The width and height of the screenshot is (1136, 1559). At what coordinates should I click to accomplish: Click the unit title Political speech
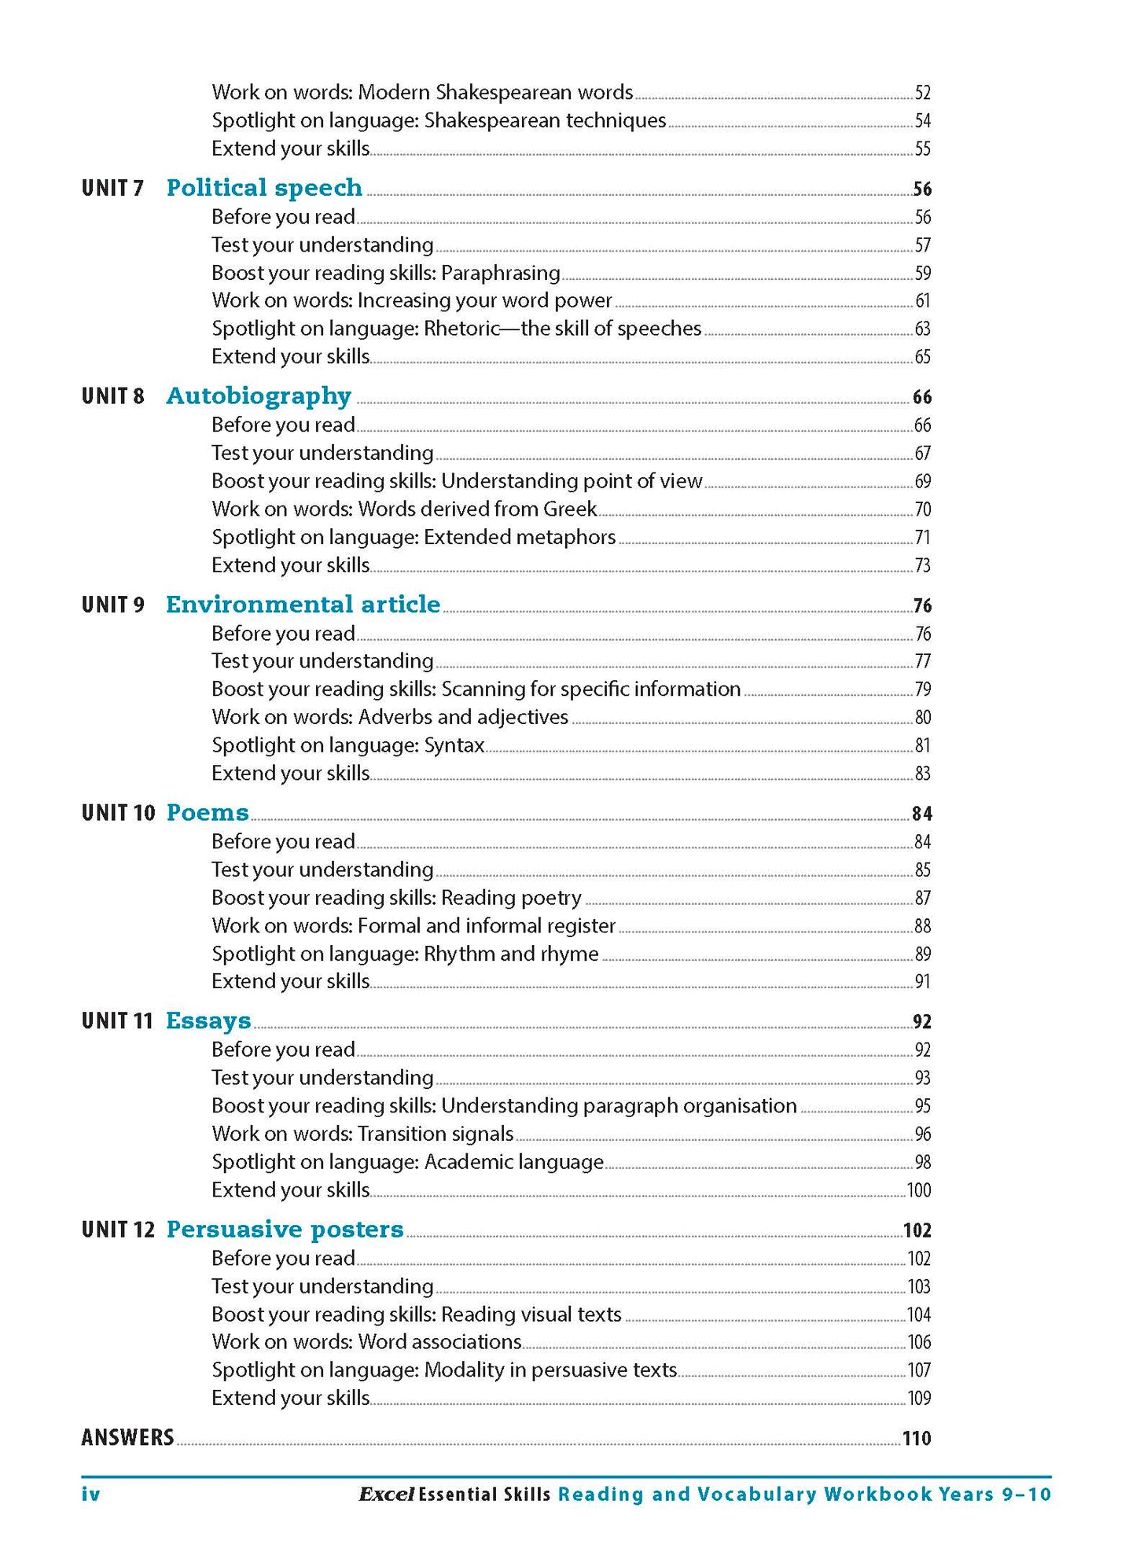point(264,188)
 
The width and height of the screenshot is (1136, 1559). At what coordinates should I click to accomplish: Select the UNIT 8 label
point(113,396)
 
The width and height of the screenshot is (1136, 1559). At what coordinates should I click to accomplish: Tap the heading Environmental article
point(303,605)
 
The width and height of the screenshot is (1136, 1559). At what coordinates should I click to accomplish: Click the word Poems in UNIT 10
point(208,813)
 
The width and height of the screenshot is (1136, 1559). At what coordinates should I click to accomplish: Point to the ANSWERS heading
point(127,1438)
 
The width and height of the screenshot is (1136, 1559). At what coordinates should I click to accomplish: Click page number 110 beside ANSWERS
point(917,1439)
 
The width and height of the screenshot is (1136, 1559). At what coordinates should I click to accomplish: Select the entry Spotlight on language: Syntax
point(347,745)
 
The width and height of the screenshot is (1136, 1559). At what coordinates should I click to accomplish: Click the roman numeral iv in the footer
point(91,1495)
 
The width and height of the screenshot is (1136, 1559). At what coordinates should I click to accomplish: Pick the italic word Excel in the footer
point(386,1495)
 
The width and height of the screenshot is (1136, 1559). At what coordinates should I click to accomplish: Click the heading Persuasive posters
point(285,1230)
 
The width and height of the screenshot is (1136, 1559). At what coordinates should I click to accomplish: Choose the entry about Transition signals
point(362,1134)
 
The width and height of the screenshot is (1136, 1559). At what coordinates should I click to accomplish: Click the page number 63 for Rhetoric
point(922,329)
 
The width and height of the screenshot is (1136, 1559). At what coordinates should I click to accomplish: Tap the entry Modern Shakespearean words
point(422,93)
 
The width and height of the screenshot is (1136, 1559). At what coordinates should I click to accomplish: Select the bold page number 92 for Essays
point(922,1022)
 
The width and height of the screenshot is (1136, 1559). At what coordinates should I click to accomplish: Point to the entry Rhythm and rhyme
point(405,954)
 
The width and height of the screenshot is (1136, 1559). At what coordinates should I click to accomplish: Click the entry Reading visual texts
point(416,1314)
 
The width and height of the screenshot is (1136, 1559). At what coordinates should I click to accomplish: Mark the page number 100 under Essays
point(919,1190)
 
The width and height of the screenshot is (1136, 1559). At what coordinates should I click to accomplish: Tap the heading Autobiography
point(259,396)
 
